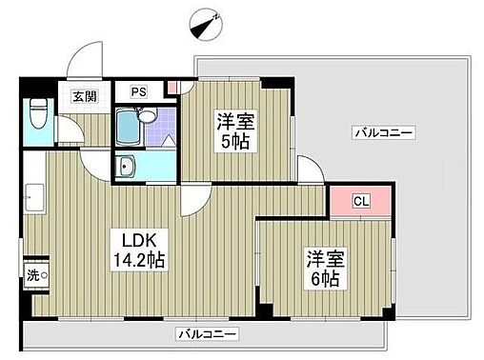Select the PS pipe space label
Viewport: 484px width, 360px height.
click(x=139, y=92)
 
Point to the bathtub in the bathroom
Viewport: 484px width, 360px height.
click(x=127, y=125)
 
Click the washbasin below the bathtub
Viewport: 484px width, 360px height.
click(x=128, y=168)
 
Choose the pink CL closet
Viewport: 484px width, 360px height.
click(x=360, y=200)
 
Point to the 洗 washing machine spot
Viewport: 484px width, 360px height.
click(x=35, y=275)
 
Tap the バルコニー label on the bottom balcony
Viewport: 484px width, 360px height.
click(x=206, y=334)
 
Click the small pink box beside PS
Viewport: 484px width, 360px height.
click(x=171, y=89)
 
